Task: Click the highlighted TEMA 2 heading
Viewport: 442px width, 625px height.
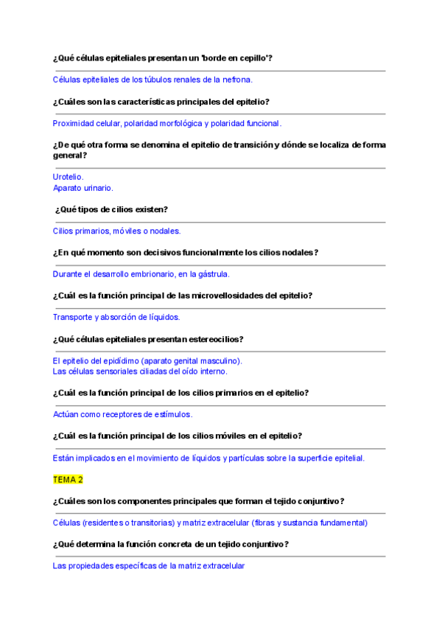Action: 68,479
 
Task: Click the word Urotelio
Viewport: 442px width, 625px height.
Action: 68,177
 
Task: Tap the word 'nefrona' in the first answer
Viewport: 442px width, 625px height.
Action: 235,80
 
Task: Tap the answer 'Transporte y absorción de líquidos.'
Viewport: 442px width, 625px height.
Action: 116,317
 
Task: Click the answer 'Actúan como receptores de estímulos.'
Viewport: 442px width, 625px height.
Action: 122,414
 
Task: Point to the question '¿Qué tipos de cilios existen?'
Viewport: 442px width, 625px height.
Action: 111,209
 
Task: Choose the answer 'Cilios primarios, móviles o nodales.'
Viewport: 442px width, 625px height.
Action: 116,231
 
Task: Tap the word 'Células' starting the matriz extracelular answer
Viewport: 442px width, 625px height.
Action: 66,523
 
